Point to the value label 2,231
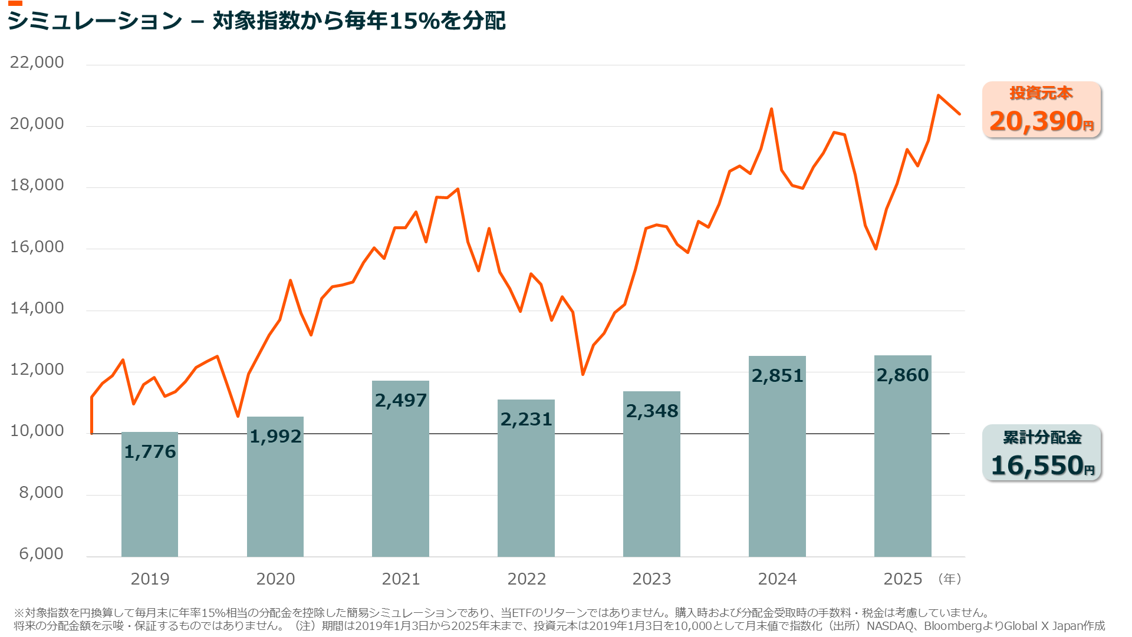[x=526, y=419]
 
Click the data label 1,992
[x=275, y=436]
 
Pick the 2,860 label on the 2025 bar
[x=903, y=375]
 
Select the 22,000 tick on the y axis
[x=37, y=62]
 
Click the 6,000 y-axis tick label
[x=41, y=554]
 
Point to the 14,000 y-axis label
[x=37, y=308]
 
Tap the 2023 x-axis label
[x=651, y=579]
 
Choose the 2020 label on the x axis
[x=275, y=579]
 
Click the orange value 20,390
[x=1036, y=121]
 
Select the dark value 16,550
[x=1037, y=466]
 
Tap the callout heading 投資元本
[x=1041, y=93]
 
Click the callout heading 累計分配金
[x=1042, y=437]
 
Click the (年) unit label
[x=949, y=579]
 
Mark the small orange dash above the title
[x=15, y=4]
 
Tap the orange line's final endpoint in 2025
[x=959, y=114]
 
